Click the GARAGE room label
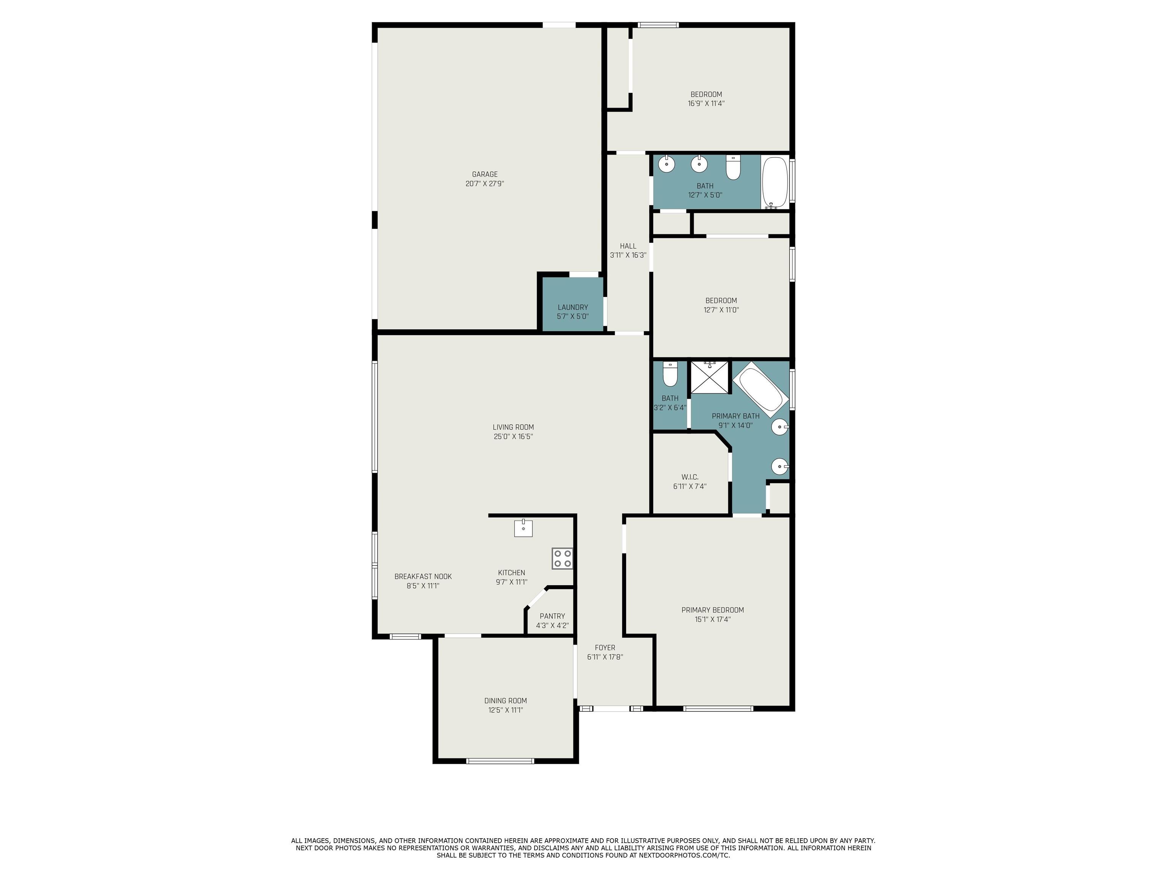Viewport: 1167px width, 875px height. click(484, 174)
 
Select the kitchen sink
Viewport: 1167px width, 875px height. click(523, 528)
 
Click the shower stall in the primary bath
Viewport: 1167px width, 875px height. click(710, 377)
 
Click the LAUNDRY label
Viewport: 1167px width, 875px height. click(572, 307)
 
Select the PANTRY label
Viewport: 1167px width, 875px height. click(552, 616)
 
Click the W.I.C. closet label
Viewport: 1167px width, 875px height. click(689, 477)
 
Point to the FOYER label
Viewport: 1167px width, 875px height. click(605, 648)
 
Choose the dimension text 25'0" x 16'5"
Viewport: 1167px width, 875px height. click(513, 437)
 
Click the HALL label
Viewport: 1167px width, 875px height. click(628, 246)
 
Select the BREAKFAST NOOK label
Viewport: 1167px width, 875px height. click(422, 576)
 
